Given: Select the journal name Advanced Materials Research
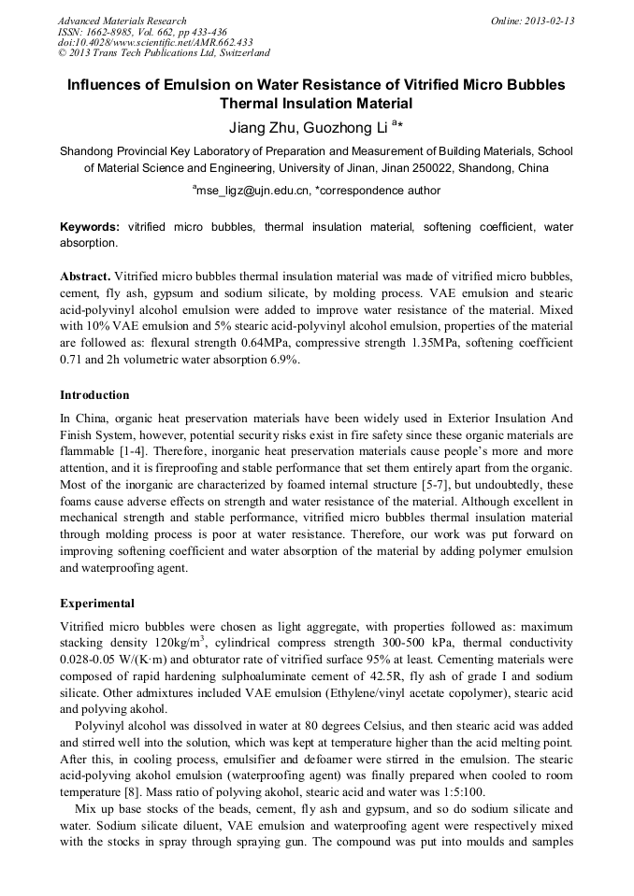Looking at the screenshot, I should [x=122, y=21].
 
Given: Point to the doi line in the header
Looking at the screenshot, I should [x=155, y=42].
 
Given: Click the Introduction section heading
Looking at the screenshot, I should [x=94, y=395].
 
